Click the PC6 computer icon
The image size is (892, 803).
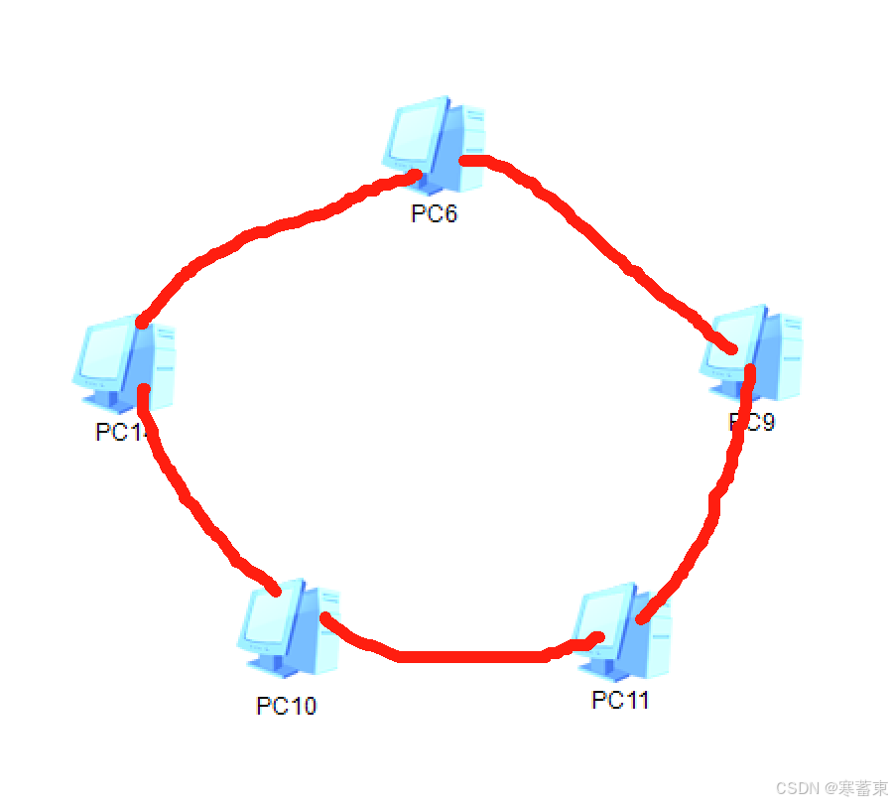[435, 144]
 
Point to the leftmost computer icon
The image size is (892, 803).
[124, 365]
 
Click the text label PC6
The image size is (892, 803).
[435, 213]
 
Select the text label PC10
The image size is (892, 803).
[287, 706]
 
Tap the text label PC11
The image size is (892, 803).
[621, 700]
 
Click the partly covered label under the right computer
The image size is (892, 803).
[752, 422]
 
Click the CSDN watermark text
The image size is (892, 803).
[831, 788]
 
